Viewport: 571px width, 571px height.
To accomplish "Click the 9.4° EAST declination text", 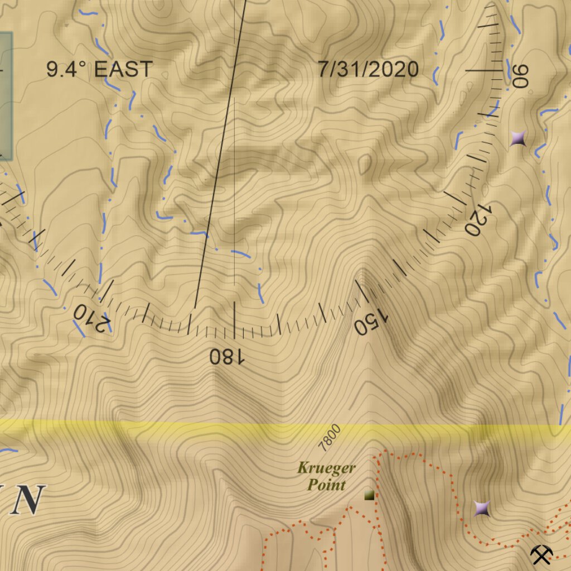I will click(x=99, y=70).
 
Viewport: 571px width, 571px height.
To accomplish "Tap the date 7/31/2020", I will click(x=368, y=70).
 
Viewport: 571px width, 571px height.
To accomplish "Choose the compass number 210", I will click(x=91, y=318).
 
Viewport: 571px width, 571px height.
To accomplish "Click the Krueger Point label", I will click(x=326, y=476).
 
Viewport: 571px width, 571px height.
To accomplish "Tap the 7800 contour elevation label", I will click(x=329, y=437).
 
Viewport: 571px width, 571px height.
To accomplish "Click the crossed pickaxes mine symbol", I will click(x=541, y=554).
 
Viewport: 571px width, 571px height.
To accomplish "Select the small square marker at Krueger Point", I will click(x=369, y=495).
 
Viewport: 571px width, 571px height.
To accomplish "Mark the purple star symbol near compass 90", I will click(x=519, y=138).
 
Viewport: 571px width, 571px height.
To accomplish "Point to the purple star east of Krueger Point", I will click(x=482, y=509).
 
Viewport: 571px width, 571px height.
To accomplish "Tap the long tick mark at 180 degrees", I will click(x=234, y=320).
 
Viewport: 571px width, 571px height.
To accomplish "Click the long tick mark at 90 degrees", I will click(x=484, y=71).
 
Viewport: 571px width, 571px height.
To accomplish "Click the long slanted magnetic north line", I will click(x=220, y=156).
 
